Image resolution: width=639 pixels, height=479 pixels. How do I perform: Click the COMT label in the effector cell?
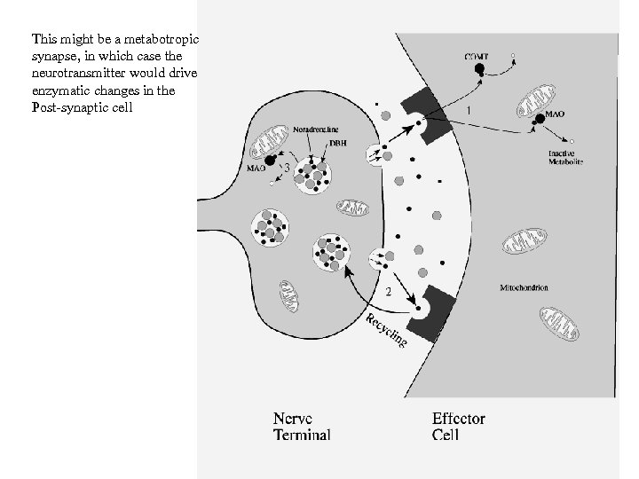(x=476, y=56)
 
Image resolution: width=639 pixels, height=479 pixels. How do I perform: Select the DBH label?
(x=338, y=143)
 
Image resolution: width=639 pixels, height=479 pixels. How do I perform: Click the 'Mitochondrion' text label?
(x=525, y=287)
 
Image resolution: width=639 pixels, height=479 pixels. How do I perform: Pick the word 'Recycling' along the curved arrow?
(x=387, y=330)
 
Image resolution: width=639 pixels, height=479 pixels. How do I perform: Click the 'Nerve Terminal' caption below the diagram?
(x=302, y=427)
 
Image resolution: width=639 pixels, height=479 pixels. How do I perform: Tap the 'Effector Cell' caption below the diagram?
(x=458, y=427)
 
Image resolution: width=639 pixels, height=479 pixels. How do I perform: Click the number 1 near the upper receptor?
(x=469, y=110)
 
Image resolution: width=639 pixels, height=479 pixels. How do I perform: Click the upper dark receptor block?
(x=427, y=114)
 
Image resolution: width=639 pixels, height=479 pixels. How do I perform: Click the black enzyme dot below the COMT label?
(x=479, y=69)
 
